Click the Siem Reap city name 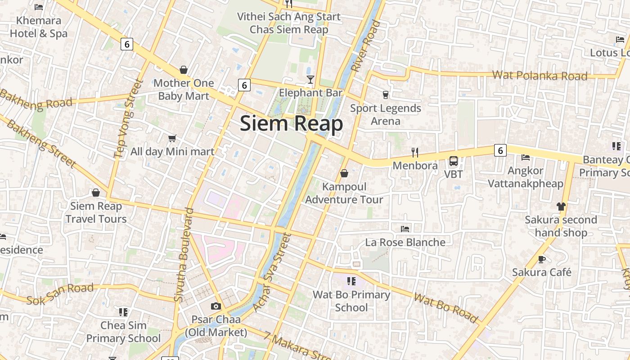(291, 123)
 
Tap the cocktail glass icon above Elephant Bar (310, 80)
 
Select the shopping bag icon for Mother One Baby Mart (184, 70)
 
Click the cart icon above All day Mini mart (172, 138)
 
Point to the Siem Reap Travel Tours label (96, 212)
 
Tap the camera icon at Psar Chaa (216, 306)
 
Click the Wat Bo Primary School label (351, 301)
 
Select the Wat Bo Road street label (445, 308)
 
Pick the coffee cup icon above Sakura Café (542, 259)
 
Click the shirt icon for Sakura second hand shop (561, 207)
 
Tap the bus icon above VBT (454, 161)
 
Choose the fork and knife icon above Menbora (415, 153)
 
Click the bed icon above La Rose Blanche (405, 229)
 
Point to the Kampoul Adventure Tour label (344, 193)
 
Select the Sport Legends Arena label (386, 115)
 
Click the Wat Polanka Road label (540, 76)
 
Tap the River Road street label (365, 46)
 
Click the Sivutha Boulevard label (184, 255)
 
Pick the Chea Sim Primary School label (123, 332)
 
